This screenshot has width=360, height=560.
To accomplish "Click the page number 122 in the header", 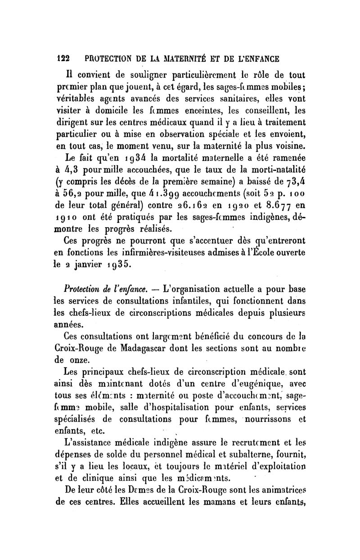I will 62,58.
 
